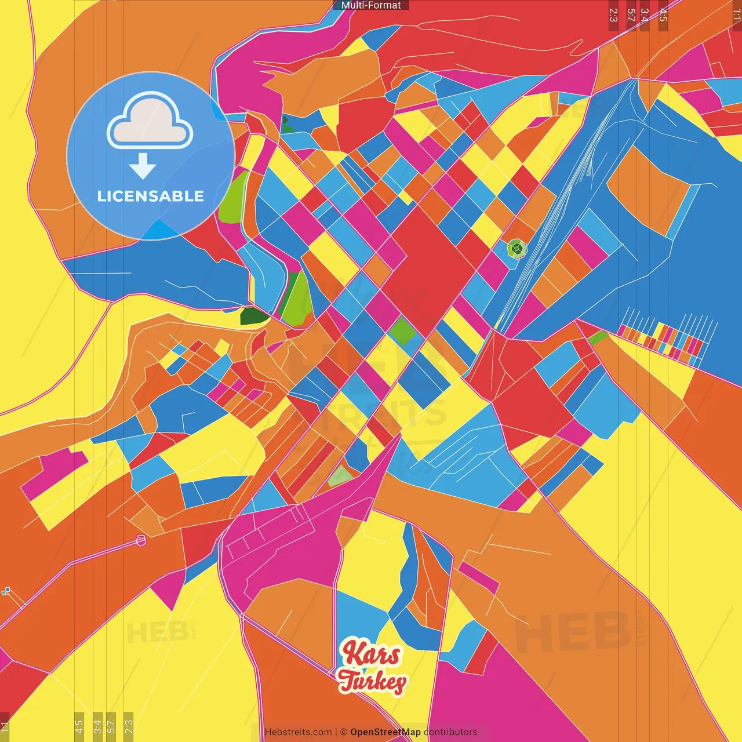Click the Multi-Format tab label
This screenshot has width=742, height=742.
coord(371,5)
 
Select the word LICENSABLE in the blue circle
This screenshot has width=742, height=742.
coord(150,196)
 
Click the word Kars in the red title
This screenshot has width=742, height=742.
coord(371,654)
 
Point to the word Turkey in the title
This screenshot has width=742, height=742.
coord(372,682)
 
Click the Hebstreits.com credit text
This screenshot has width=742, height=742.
coord(298,732)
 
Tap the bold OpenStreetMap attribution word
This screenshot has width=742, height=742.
coord(385,732)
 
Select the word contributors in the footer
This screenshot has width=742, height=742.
coord(450,732)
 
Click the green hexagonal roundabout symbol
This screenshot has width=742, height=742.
coord(517,250)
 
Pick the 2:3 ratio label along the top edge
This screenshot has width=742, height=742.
coord(613,15)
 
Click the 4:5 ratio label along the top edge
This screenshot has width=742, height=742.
coord(663,15)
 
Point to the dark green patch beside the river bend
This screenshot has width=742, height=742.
coord(254,317)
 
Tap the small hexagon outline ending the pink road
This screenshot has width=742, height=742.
coord(140,540)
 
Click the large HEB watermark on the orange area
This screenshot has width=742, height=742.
coord(571,632)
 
